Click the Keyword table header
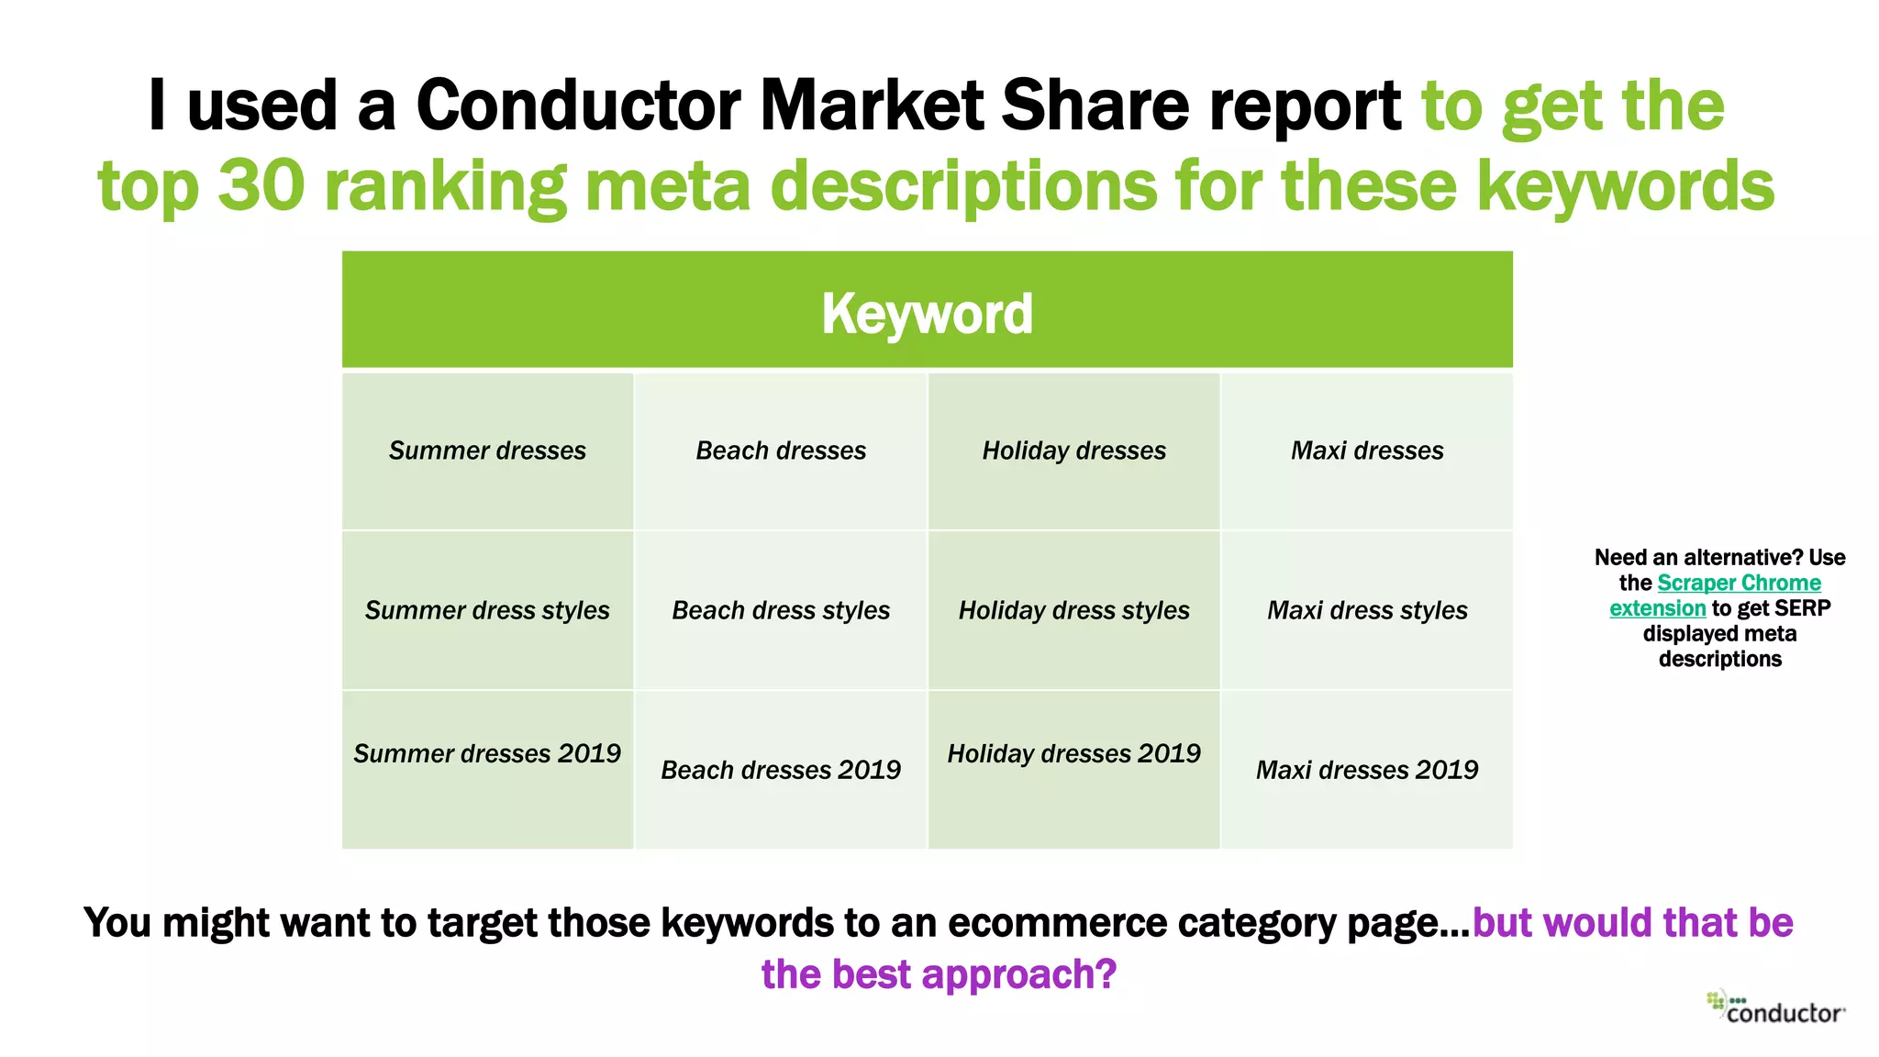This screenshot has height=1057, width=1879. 927,313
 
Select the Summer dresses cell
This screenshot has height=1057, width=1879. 487,451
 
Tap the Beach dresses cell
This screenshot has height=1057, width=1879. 781,451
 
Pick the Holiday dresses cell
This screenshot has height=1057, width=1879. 1073,451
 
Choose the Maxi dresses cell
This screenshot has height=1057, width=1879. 1367,451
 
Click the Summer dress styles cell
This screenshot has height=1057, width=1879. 487,610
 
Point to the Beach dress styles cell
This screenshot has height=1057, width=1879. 781,610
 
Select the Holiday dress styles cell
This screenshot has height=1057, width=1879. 1073,610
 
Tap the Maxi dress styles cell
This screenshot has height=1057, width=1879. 1367,610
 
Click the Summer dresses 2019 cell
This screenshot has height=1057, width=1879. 487,754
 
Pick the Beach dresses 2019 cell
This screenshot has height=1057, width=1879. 781,770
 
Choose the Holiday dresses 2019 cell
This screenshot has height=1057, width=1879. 1073,754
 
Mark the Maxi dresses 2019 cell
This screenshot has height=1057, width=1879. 1367,770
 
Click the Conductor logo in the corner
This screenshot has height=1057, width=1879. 1776,1007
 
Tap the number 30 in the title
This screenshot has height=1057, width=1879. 261,185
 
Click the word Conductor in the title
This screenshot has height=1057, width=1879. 578,105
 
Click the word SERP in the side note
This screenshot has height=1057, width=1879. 1802,608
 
